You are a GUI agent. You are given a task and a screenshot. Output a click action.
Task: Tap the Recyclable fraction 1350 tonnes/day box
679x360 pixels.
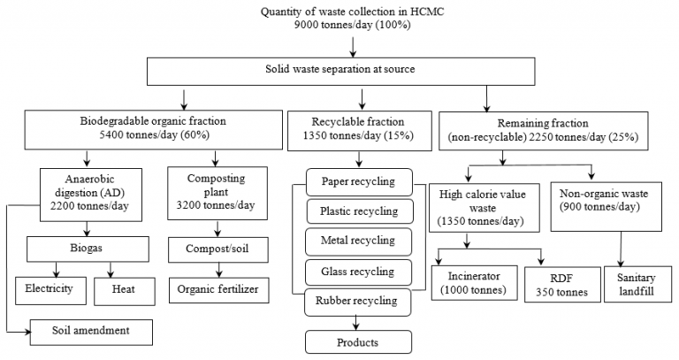click(x=358, y=129)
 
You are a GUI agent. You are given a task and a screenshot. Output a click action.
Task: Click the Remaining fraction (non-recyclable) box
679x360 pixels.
click(x=553, y=129)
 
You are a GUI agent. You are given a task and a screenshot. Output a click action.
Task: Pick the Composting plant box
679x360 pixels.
click(x=217, y=192)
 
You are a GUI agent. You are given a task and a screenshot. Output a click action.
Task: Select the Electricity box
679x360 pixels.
click(x=51, y=287)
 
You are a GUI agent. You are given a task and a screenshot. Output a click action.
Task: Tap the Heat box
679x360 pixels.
click(x=123, y=287)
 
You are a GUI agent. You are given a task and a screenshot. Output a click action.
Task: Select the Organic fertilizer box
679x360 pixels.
click(x=217, y=287)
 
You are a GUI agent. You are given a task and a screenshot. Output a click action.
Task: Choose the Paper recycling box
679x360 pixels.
click(x=359, y=183)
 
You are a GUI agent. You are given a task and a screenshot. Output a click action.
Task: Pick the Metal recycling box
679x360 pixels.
click(x=359, y=241)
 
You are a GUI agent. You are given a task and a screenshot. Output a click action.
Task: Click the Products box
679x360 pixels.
click(x=359, y=341)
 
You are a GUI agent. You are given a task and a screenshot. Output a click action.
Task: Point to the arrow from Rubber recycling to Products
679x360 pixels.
click(x=358, y=320)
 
